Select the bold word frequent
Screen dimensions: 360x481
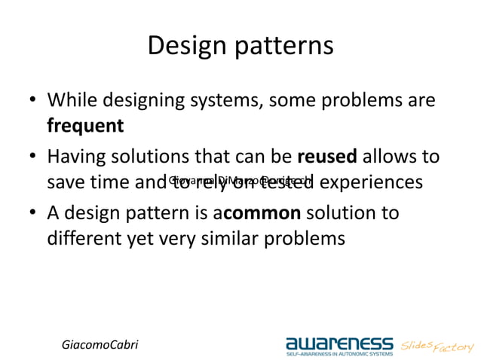coord(85,125)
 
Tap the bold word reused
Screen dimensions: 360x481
coord(328,157)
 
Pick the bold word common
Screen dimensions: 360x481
coord(262,213)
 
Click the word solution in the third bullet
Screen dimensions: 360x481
coord(338,213)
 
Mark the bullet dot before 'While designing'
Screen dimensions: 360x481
coord(33,101)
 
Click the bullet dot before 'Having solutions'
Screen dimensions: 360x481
coord(33,157)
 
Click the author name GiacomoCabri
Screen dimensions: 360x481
coord(100,343)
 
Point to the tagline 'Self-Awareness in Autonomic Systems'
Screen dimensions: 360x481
coord(339,352)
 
